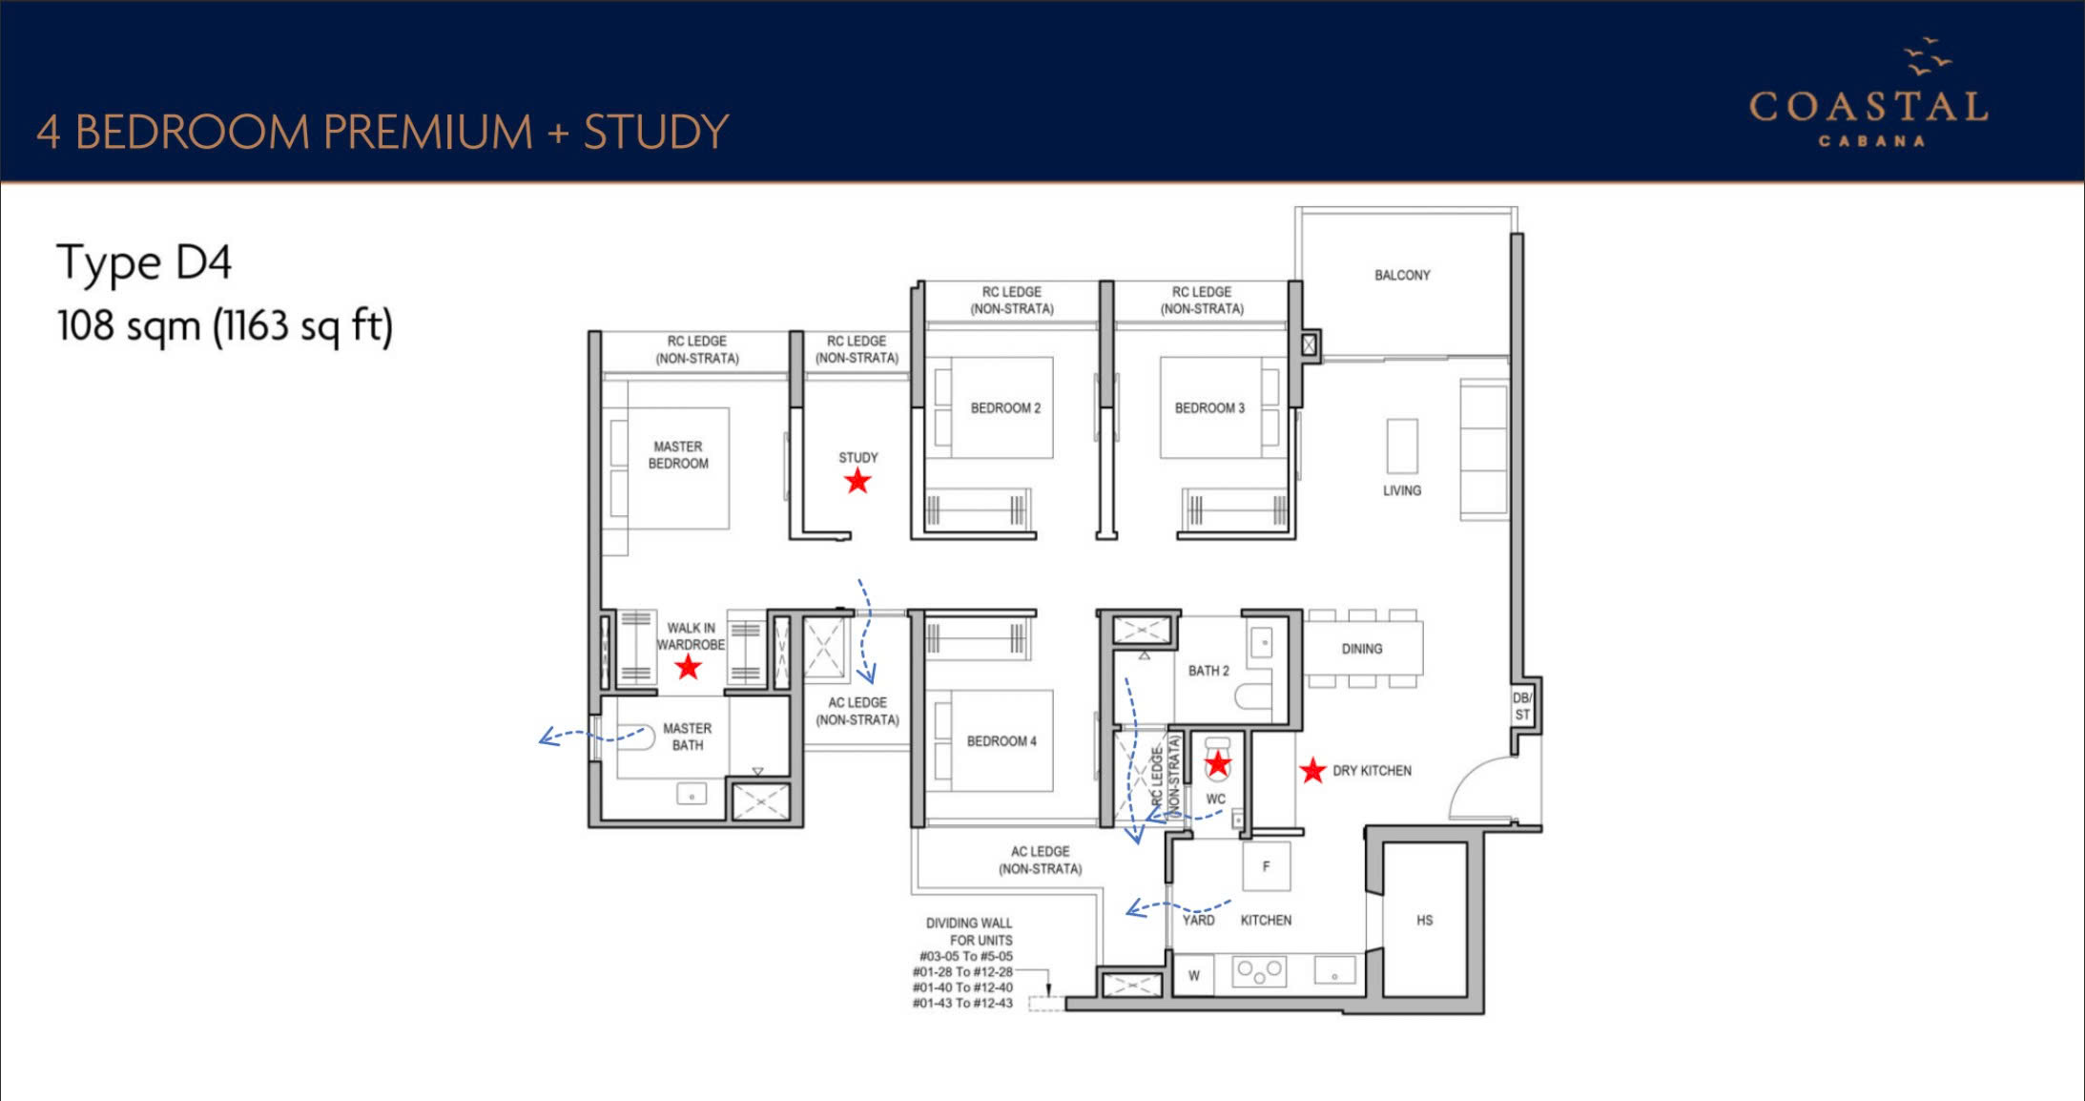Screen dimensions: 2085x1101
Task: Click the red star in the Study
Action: [857, 481]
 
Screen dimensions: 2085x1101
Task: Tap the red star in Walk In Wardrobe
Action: [688, 667]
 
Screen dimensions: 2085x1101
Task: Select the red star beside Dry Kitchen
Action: [1312, 770]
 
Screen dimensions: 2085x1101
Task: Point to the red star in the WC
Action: [1218, 763]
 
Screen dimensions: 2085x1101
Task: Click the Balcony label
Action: [1402, 275]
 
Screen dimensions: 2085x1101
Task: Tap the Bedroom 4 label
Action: [1001, 741]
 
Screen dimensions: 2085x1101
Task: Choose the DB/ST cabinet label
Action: [1522, 706]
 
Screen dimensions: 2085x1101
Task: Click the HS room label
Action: [1424, 920]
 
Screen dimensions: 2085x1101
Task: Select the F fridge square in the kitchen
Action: [1267, 866]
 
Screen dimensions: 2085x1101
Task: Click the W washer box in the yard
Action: [1194, 975]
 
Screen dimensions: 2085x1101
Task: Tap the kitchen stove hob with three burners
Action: [1259, 971]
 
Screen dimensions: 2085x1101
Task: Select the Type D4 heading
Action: [144, 263]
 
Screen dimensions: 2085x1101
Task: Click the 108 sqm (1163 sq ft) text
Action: [225, 326]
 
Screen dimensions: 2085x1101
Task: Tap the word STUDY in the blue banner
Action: [656, 132]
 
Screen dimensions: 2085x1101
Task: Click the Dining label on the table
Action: [1362, 649]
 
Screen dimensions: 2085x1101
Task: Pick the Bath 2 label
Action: [1208, 671]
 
